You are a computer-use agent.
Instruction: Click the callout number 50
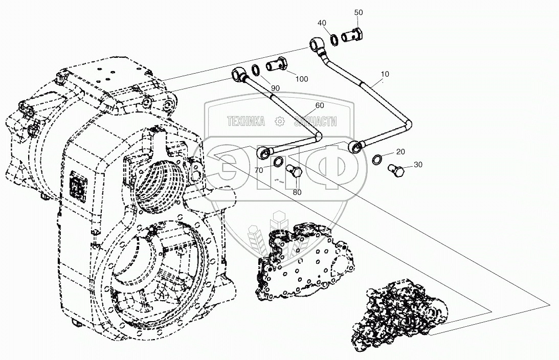(x=359, y=12)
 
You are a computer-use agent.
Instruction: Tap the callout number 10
(x=385, y=74)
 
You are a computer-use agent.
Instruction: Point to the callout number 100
(x=302, y=79)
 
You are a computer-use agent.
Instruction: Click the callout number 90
(x=275, y=88)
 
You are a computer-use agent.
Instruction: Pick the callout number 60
(x=320, y=105)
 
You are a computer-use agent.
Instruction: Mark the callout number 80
(x=297, y=192)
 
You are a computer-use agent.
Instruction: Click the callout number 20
(x=400, y=152)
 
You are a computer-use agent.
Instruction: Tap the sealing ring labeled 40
(x=333, y=38)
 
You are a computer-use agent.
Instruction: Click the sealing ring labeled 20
(x=376, y=160)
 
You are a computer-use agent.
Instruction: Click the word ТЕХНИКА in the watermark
(x=246, y=121)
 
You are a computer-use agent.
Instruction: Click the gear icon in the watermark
(x=279, y=121)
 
